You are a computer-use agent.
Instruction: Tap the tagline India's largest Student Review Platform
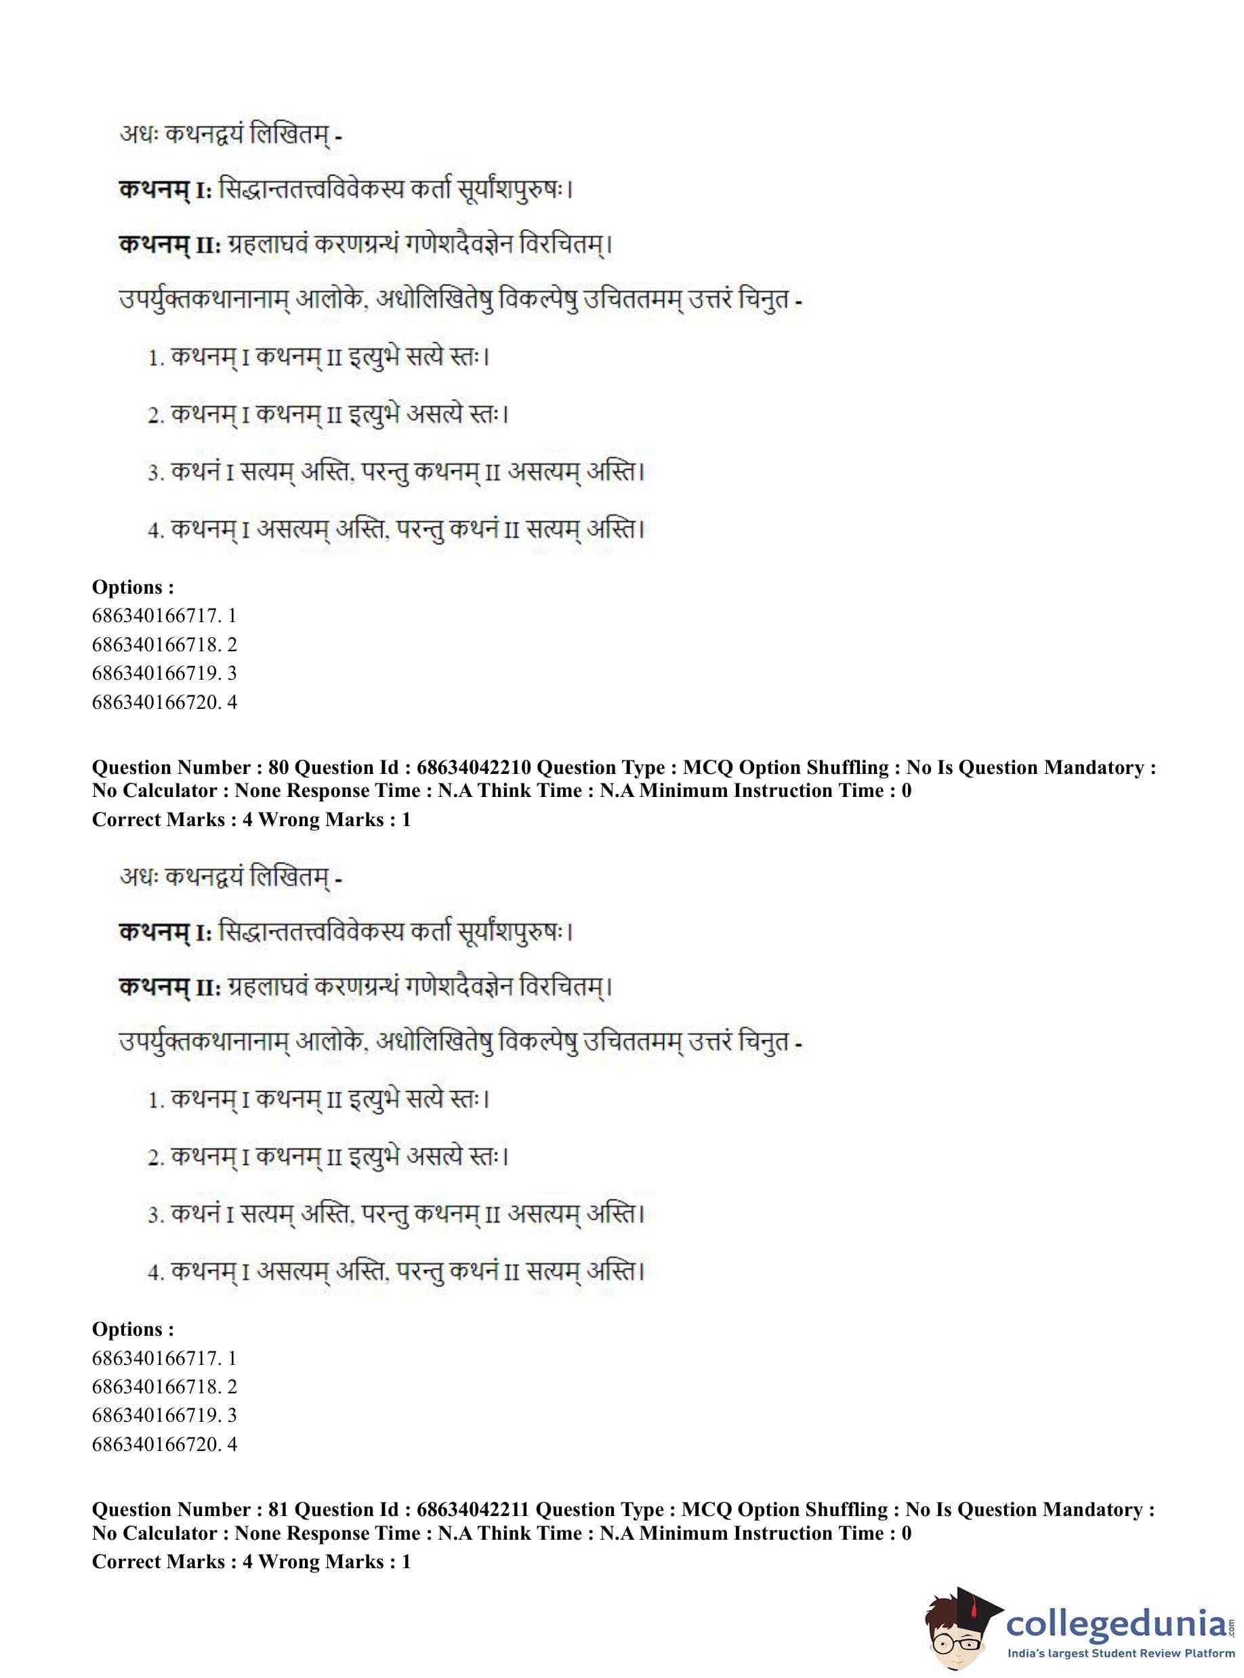pyautogui.click(x=1121, y=1653)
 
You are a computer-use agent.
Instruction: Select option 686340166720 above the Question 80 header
pyautogui.click(x=164, y=702)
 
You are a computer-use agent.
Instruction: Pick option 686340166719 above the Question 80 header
pyautogui.click(x=164, y=674)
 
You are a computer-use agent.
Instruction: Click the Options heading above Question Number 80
pyautogui.click(x=133, y=587)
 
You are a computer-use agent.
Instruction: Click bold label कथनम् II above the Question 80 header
pyautogui.click(x=169, y=245)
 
